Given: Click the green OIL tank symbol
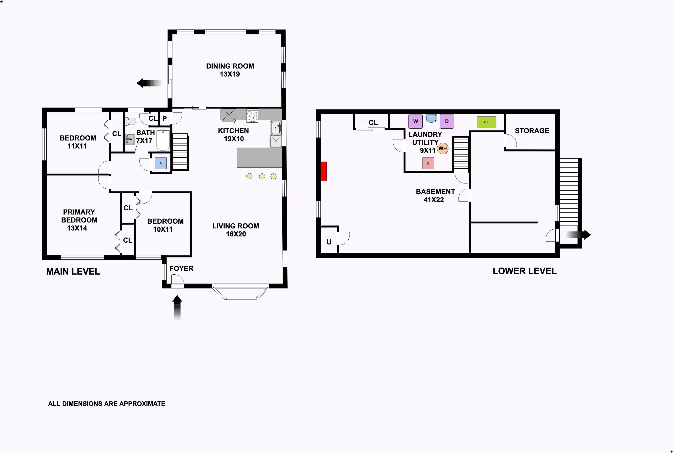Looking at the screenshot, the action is (486, 122).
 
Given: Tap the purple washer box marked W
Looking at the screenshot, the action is (415, 121).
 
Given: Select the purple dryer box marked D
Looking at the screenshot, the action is (447, 121).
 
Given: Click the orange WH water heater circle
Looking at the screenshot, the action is (442, 148).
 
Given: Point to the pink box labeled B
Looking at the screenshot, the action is (428, 163).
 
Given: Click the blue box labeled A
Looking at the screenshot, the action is (161, 163).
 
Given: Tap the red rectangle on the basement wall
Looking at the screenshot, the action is (323, 171).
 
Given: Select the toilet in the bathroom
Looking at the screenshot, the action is (130, 121).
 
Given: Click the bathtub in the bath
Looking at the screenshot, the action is (163, 140).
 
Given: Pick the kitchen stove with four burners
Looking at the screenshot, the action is (252, 116).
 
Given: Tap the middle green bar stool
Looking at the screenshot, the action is (262, 176).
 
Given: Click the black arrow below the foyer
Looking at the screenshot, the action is (177, 307).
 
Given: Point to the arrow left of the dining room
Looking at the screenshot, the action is (149, 83).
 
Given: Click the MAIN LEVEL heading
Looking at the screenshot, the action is (73, 272).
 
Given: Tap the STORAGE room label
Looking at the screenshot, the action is (532, 131).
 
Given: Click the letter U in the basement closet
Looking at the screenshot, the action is (329, 242).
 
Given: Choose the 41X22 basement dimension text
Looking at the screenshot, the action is (434, 200).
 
